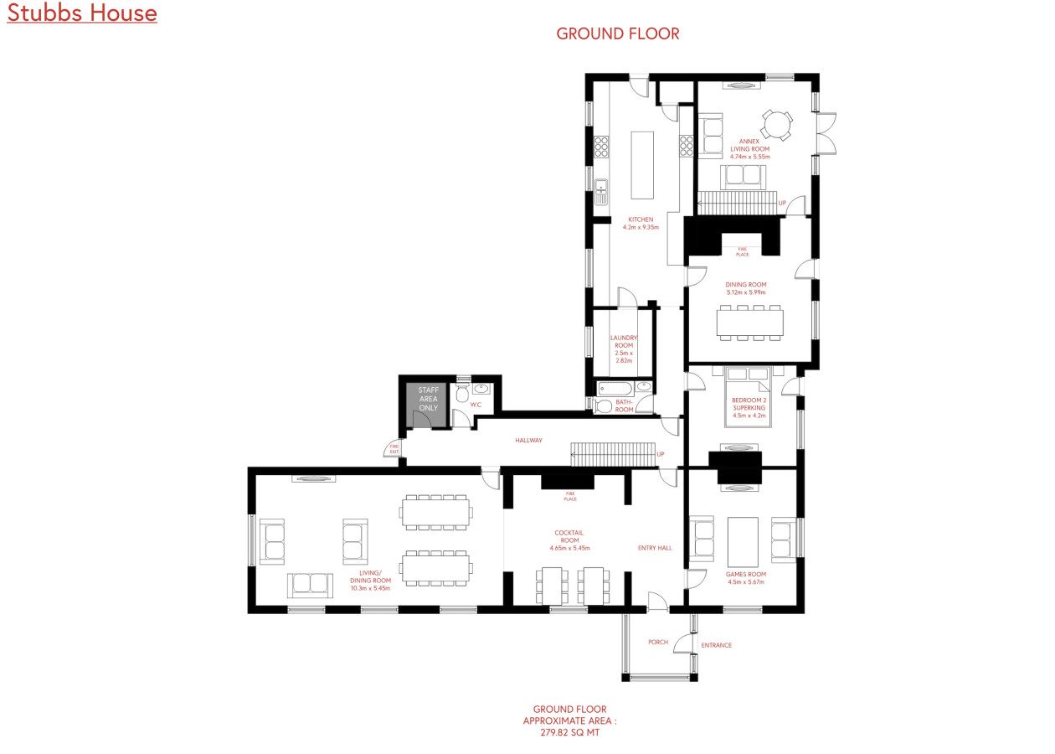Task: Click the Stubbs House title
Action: pos(82,13)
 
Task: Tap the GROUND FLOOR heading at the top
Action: pos(618,34)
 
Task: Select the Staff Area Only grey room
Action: pos(428,405)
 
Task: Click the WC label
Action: pos(476,405)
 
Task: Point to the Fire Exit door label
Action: pos(394,449)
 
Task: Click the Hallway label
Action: pos(528,440)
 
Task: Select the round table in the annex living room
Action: pos(777,125)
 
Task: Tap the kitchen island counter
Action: pos(642,165)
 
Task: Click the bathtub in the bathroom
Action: pos(615,389)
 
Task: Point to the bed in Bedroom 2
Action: pos(748,396)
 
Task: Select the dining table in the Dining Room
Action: pos(750,323)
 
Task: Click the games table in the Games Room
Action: pos(743,542)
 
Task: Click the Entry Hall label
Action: pos(655,548)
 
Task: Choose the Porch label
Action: pos(658,642)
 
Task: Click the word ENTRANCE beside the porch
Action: pos(717,645)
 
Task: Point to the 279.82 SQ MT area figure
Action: pos(570,732)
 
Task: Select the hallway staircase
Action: pos(613,454)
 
